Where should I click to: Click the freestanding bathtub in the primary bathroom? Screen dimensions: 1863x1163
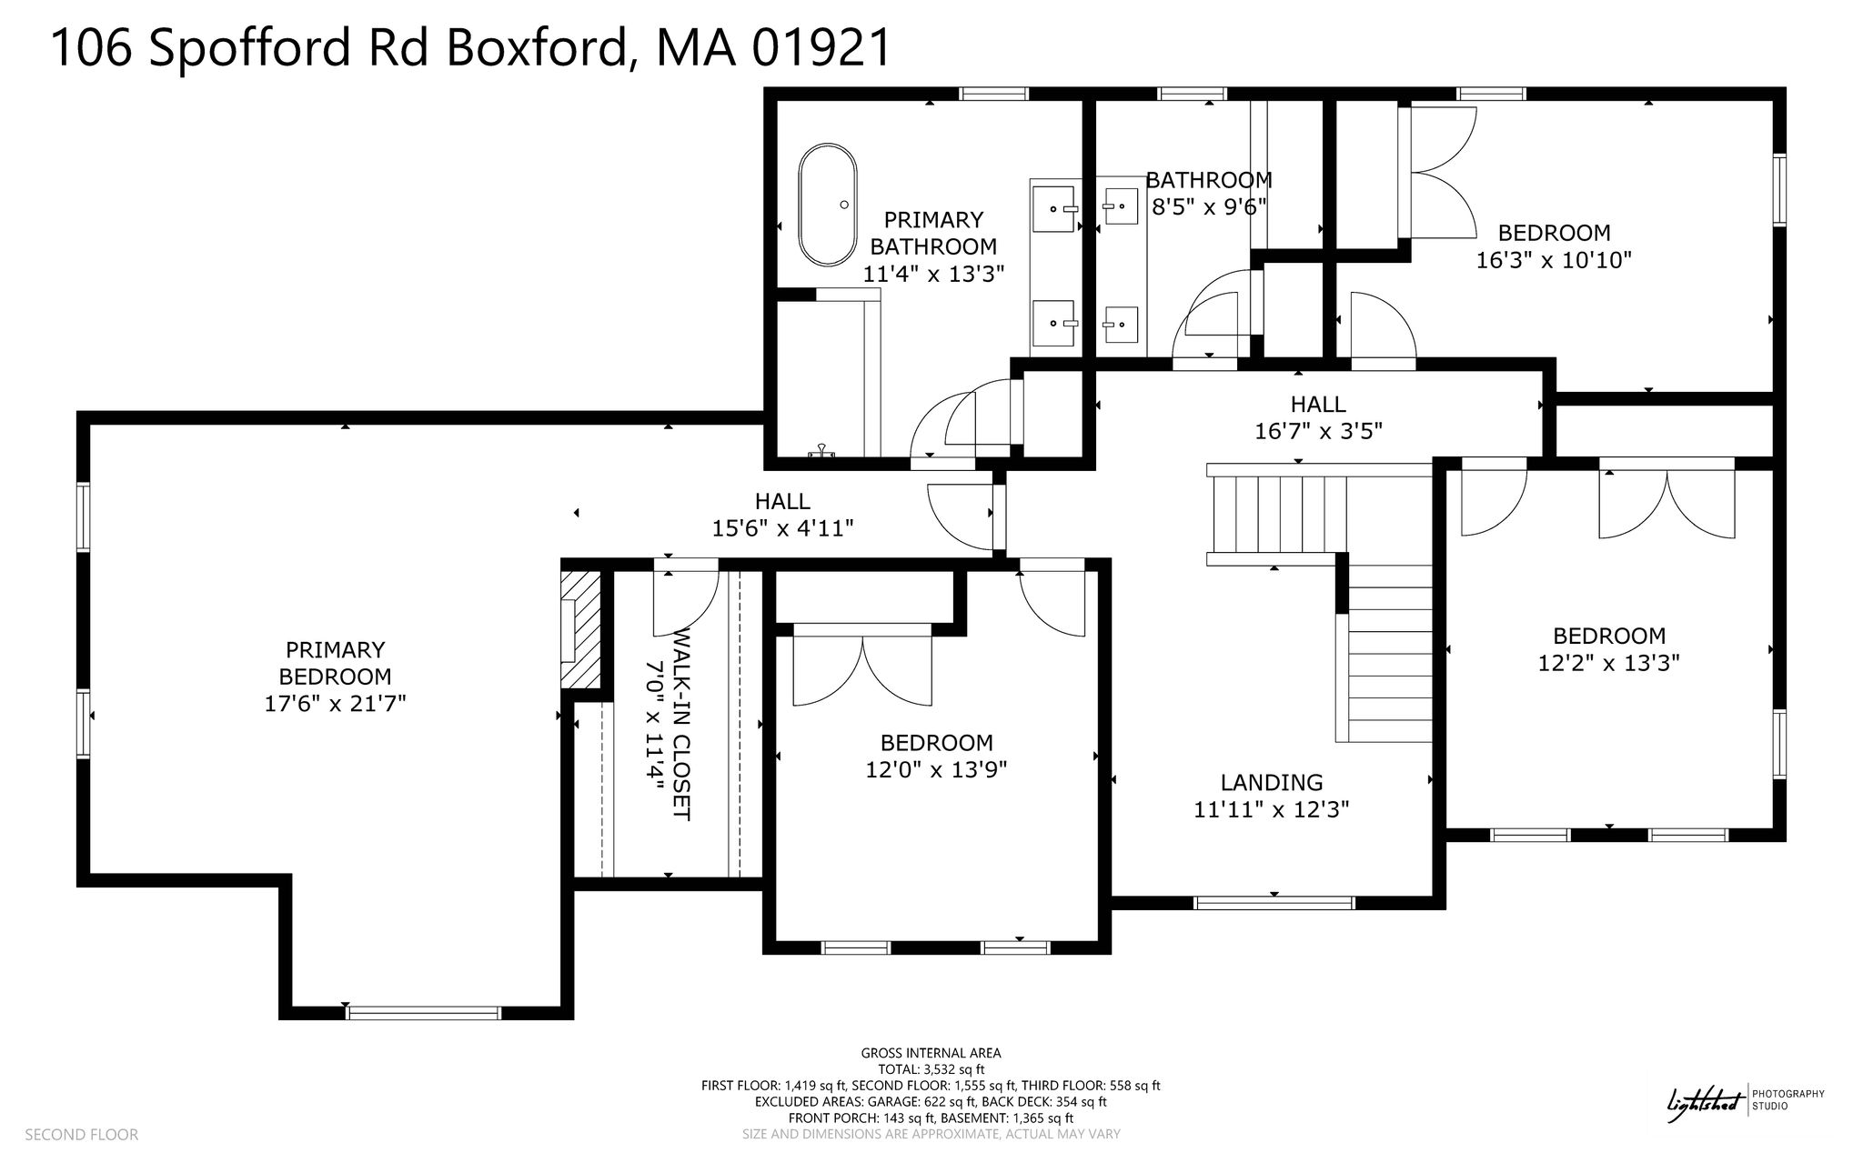tap(827, 205)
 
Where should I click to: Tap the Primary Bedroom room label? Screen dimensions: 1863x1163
tap(335, 677)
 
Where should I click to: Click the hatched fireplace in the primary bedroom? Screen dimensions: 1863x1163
tap(581, 629)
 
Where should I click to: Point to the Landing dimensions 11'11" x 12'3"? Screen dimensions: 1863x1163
tap(1271, 809)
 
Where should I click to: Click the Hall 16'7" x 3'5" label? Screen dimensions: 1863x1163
tap(1318, 417)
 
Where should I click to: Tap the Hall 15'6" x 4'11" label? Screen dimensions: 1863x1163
tap(782, 515)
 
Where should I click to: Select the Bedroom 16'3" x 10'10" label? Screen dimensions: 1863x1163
tap(1554, 246)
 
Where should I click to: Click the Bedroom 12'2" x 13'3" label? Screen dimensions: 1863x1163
tap(1608, 649)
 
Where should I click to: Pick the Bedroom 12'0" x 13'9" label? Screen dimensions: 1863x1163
tap(936, 757)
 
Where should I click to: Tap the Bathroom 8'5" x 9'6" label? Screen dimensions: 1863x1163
tap(1209, 194)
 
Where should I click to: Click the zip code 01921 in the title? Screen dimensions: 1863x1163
tap(822, 47)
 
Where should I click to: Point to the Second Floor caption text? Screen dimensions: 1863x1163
tap(81, 1135)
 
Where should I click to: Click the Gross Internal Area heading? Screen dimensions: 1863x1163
tap(931, 1053)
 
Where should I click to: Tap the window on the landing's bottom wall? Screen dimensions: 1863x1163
tap(1274, 903)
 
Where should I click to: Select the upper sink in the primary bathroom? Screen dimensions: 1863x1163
tap(1055, 208)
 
